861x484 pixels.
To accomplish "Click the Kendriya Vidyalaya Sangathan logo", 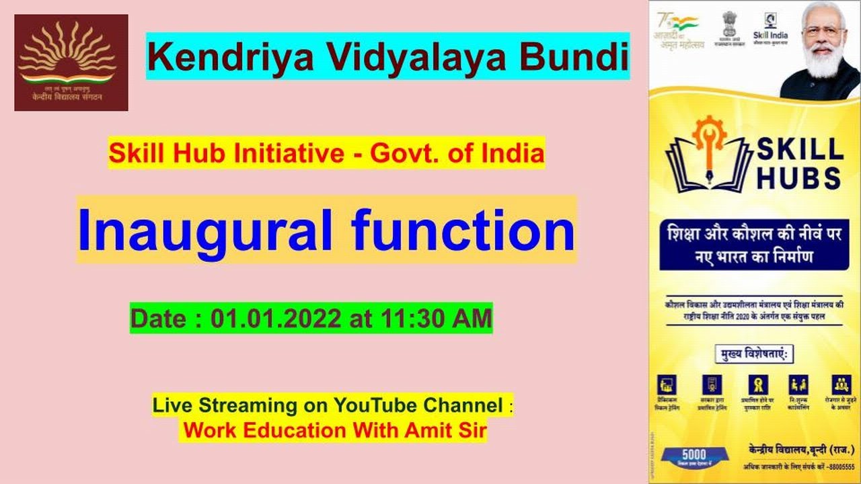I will [x=71, y=62].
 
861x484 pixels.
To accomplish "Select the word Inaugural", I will [x=205, y=230].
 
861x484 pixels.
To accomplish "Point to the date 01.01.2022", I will [x=276, y=319].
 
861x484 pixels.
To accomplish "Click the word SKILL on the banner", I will [x=800, y=149].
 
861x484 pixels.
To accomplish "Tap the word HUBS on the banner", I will [x=800, y=177].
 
